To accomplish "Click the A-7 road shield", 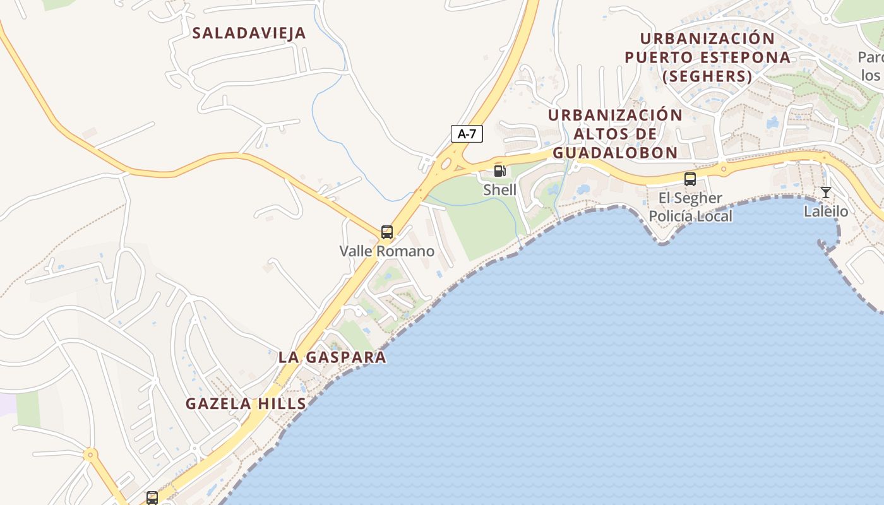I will (x=467, y=134).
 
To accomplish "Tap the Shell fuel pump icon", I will (x=499, y=170).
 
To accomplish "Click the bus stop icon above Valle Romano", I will (x=387, y=232).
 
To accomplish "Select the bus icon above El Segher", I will (x=690, y=179).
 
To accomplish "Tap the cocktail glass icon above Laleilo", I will (x=825, y=193).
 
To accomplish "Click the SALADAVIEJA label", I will (x=249, y=33).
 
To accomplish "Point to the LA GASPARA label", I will (x=332, y=357).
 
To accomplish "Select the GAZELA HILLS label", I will (x=246, y=404).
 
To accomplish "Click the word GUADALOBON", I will (x=615, y=153).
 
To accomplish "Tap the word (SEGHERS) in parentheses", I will (x=707, y=77).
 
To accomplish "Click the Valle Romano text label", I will (x=387, y=251).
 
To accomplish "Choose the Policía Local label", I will (x=691, y=217).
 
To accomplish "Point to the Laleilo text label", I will (x=826, y=211).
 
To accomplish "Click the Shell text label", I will (x=499, y=190).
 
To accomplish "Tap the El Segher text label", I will (x=690, y=198).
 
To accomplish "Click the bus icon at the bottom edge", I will (x=152, y=497).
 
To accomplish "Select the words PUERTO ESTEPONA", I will (x=707, y=57).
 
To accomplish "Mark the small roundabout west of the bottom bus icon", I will (x=90, y=454).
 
